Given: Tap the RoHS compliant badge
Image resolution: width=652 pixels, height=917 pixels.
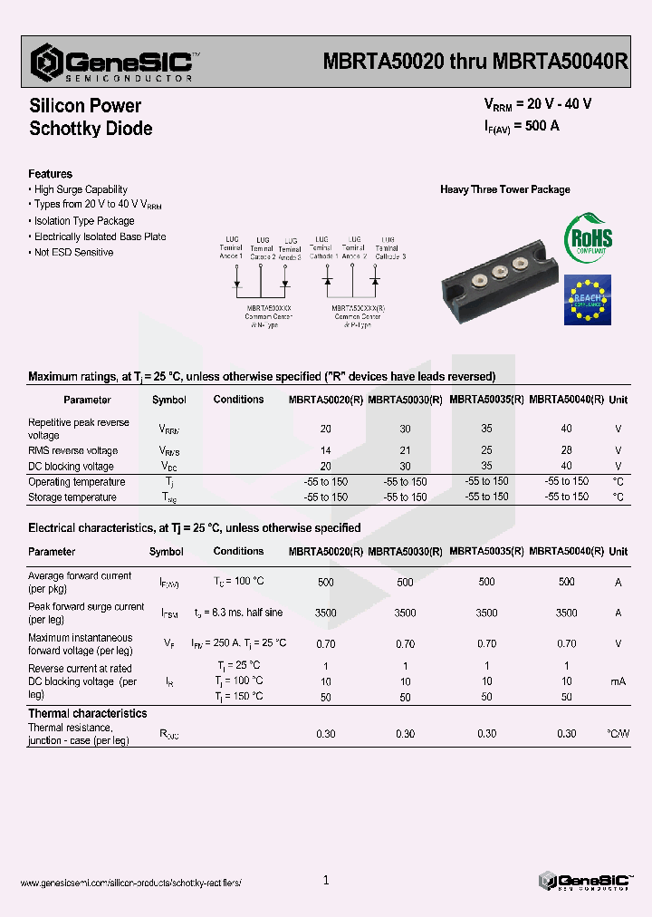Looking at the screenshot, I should (588, 238).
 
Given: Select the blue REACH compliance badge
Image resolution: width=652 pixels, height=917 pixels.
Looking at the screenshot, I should (587, 300).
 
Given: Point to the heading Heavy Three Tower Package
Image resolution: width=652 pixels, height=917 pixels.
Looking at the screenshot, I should (504, 189).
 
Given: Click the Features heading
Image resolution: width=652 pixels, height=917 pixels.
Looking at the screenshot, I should (50, 174).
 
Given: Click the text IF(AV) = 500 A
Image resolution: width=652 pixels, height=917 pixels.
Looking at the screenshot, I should (522, 127).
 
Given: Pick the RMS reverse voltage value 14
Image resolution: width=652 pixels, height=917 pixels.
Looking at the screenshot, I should (325, 450).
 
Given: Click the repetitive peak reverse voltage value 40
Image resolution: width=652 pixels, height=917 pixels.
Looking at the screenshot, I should (566, 429).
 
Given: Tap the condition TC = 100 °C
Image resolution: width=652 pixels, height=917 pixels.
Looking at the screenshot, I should (238, 582).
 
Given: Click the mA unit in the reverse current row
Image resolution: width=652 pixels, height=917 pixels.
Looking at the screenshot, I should (618, 681).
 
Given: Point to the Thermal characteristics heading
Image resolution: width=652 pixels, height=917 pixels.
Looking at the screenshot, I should (87, 714).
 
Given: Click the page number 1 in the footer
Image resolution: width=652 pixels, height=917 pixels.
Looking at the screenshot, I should (326, 880).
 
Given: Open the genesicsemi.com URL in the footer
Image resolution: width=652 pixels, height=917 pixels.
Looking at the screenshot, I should (130, 883).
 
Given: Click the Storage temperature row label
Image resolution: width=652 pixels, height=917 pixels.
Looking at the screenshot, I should (72, 497).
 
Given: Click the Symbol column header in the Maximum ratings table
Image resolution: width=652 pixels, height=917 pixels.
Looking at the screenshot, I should (168, 400).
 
